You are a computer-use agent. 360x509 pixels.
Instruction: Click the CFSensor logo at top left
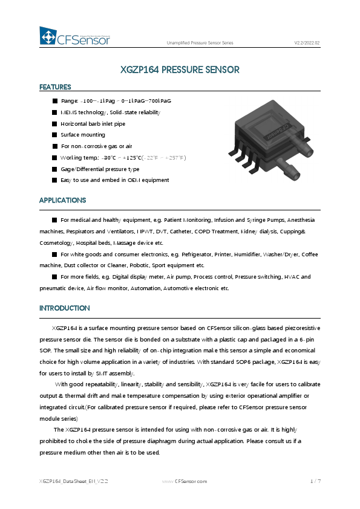[x=78, y=38]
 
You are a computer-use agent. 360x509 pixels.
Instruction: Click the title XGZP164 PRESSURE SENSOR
[x=180, y=70]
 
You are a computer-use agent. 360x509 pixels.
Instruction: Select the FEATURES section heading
[x=55, y=88]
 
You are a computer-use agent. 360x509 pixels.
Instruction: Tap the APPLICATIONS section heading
[x=62, y=200]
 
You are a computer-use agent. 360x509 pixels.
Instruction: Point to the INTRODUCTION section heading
[x=65, y=308]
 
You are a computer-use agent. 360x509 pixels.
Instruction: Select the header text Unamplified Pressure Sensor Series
[x=200, y=42]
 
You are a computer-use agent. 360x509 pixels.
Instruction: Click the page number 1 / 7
[x=314, y=481]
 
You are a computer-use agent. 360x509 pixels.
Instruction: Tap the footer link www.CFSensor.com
[x=185, y=481]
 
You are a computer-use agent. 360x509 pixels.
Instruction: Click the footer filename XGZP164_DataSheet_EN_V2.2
[x=73, y=481]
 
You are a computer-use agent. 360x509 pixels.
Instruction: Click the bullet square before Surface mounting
[x=54, y=135]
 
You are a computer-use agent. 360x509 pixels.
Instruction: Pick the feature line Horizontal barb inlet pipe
[x=93, y=123]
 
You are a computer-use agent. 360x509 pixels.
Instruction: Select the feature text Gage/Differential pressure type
[x=100, y=169]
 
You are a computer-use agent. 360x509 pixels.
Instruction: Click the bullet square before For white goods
[x=54, y=254]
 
